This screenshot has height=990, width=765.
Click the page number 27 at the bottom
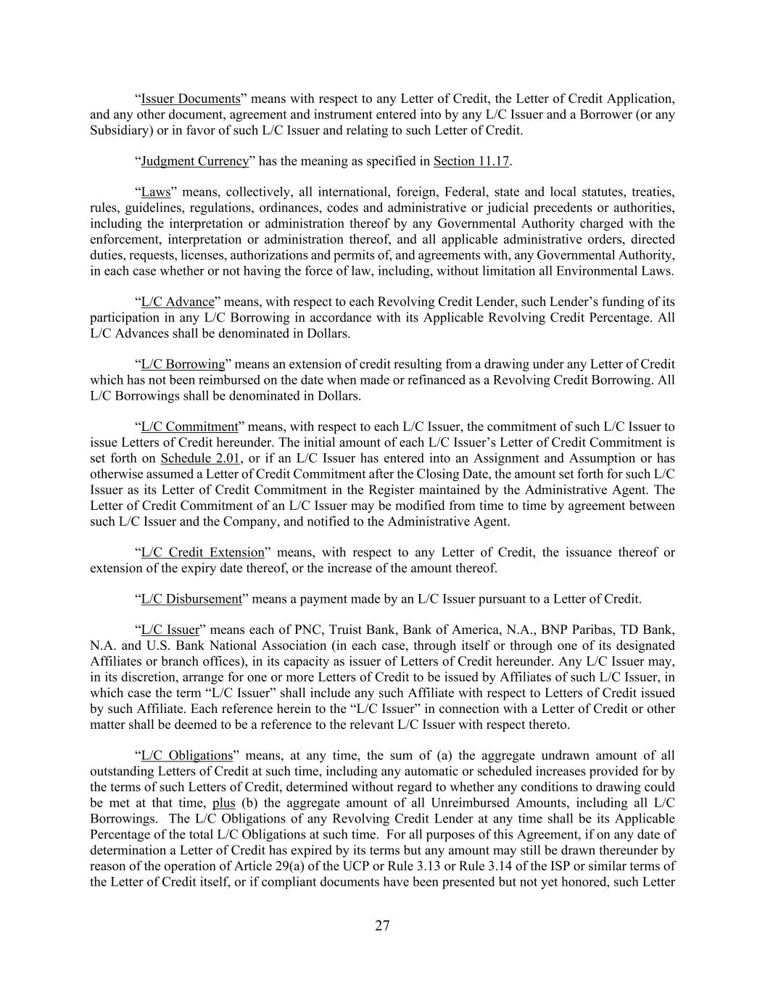coord(382,925)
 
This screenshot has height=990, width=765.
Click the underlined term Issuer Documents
coord(190,99)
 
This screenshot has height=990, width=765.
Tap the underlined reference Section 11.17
coord(471,161)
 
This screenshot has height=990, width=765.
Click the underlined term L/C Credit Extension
coord(202,552)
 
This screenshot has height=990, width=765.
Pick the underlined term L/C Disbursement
coord(191,599)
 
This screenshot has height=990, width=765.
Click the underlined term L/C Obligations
coord(186,756)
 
